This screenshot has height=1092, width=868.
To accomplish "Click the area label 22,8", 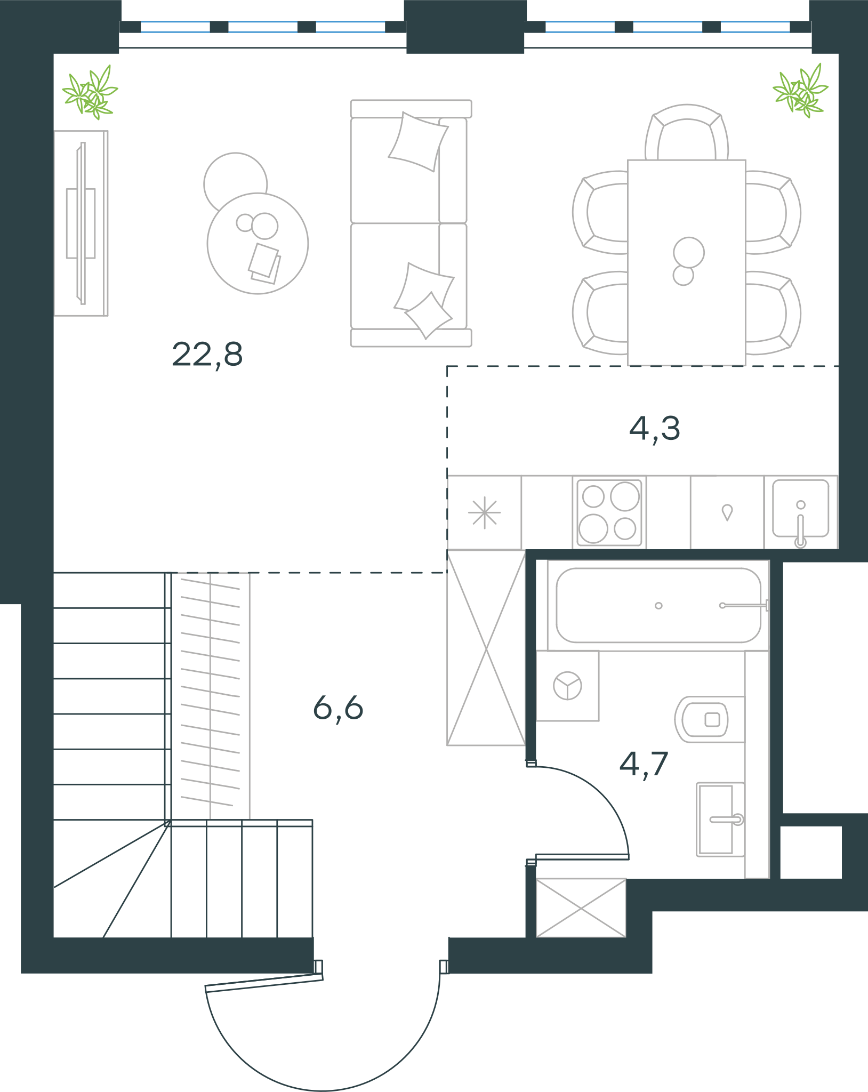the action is (207, 355).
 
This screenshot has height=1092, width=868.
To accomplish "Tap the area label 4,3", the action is (655, 429).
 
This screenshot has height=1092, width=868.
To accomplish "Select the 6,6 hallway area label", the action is (338, 709).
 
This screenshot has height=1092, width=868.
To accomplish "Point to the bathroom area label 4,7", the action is (644, 765).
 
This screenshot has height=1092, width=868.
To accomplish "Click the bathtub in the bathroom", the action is (658, 605).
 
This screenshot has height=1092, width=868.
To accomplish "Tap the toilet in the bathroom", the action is (710, 719).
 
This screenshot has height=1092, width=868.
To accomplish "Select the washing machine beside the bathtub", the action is (567, 686).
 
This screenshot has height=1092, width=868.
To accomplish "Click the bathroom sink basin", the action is (720, 820).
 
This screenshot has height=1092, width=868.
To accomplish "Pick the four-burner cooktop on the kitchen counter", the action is (609, 512).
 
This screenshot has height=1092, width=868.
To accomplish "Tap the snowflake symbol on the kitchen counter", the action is (484, 513).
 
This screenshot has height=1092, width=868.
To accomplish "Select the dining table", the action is (686, 262).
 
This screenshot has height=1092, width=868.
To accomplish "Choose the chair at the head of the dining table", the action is (687, 132).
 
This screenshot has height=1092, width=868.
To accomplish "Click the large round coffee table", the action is (258, 243).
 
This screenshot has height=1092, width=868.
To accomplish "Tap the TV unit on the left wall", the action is (81, 223).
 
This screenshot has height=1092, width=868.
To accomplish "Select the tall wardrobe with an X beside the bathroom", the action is (486, 648).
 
